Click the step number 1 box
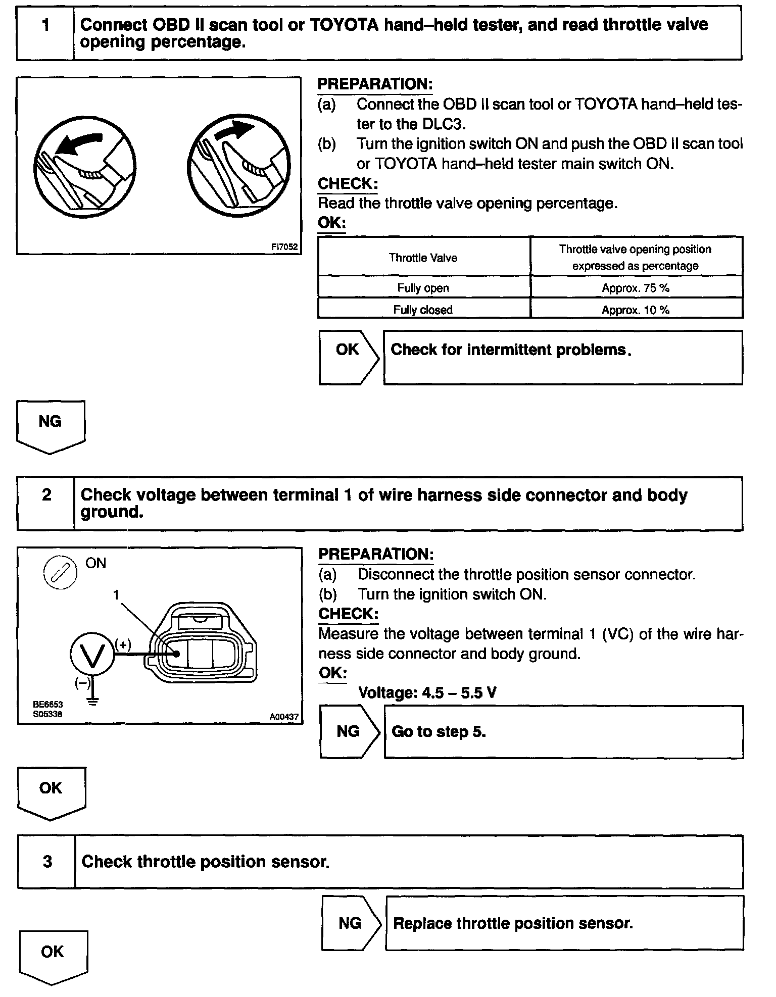[45, 33]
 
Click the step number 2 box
[46, 503]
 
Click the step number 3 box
[47, 862]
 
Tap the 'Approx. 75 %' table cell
[636, 288]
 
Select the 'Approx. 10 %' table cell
[636, 310]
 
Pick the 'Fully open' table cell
[423, 288]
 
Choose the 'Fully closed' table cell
[423, 310]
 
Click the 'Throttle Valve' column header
[423, 258]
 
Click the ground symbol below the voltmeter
[92, 701]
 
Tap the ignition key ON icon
[61, 573]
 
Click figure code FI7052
[284, 247]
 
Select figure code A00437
[284, 716]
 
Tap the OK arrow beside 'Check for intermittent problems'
[349, 357]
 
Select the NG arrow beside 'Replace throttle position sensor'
[351, 923]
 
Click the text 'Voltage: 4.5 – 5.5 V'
[427, 692]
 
